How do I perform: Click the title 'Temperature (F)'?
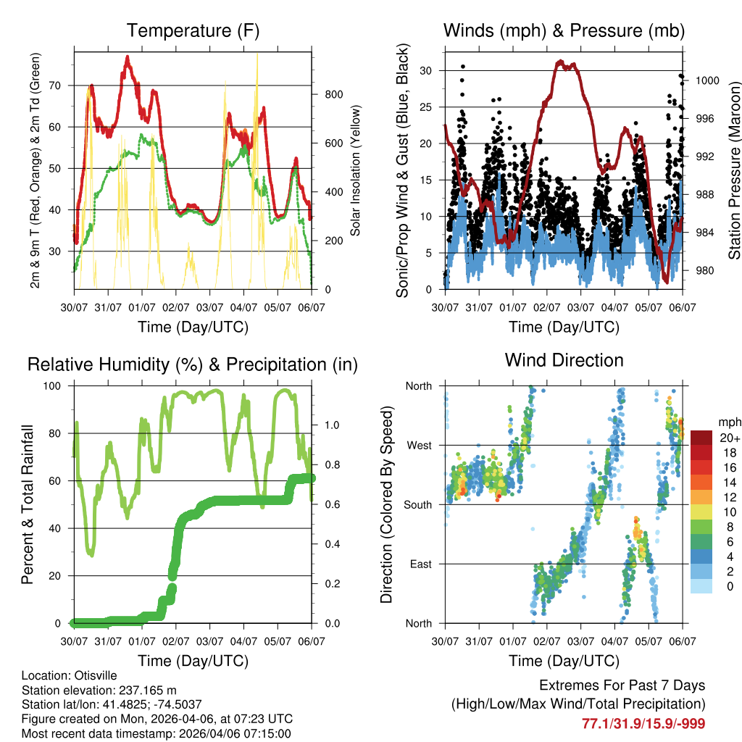[x=193, y=30]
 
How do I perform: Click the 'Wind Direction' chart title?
[x=564, y=360]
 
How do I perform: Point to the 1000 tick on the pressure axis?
[x=706, y=80]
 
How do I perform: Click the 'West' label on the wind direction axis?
[x=419, y=446]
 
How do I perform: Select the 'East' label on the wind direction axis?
[x=420, y=564]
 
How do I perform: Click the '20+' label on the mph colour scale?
[x=729, y=438]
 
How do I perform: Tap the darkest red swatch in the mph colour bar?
[x=702, y=438]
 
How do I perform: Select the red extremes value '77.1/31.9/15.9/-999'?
[x=643, y=723]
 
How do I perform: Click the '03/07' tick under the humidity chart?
[x=210, y=641]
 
